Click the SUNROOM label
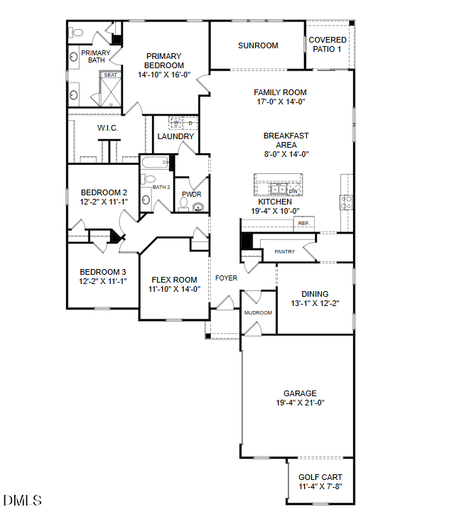click(258, 45)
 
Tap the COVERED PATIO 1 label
click(328, 45)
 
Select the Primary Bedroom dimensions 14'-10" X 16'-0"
click(164, 75)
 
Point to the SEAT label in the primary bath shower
click(110, 75)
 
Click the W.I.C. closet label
click(107, 128)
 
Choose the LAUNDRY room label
click(176, 136)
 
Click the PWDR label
click(191, 194)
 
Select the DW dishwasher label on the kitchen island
click(293, 191)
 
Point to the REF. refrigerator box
click(303, 224)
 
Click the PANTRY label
click(285, 251)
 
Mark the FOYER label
click(226, 278)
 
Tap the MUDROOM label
click(258, 312)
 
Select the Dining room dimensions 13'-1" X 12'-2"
click(315, 304)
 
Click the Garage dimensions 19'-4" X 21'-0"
click(299, 403)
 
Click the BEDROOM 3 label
click(103, 272)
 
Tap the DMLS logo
click(23, 501)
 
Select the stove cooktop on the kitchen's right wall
click(346, 202)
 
